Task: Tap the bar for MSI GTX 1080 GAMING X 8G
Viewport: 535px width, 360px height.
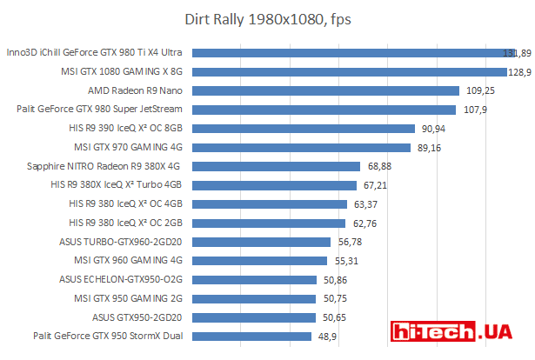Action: pos(348,71)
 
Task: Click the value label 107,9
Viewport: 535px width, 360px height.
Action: pos(474,110)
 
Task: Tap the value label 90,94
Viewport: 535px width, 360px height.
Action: pos(433,128)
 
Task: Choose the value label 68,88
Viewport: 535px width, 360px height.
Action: pos(379,166)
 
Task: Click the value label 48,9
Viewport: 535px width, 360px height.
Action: pos(327,336)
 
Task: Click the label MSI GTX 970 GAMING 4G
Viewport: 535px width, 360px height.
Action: pos(128,147)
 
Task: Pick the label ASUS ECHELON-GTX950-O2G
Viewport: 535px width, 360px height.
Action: pos(121,279)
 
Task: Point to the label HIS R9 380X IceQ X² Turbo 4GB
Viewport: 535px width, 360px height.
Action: pos(116,184)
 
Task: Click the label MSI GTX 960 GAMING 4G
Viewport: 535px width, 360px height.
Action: pos(128,260)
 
